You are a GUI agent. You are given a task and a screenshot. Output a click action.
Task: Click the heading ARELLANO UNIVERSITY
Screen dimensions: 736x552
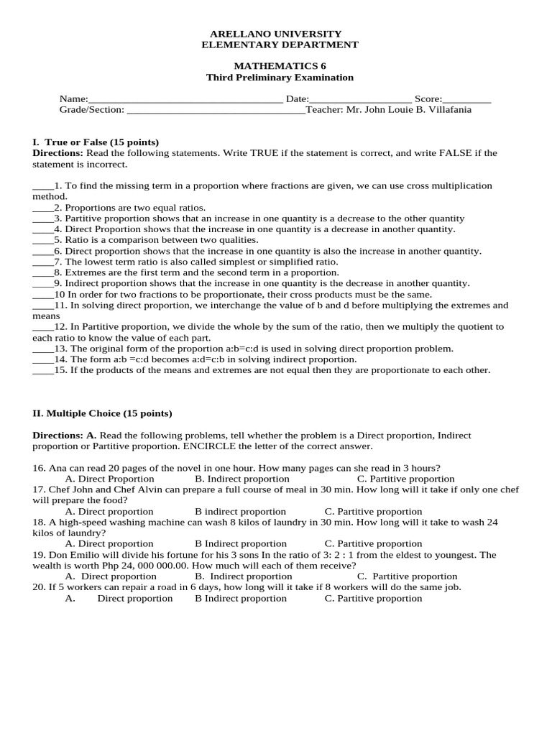[x=275, y=34]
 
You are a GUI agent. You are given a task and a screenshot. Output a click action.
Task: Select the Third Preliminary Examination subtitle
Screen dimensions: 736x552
[x=280, y=78]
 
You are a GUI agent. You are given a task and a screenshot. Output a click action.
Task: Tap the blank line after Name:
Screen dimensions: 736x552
[x=185, y=100]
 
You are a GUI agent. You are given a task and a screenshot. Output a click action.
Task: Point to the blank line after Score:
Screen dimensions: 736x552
[x=467, y=100]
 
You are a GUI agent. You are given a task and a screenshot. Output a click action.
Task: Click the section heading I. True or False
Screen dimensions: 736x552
[x=96, y=142]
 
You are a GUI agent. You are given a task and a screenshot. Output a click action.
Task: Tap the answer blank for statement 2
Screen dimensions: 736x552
[x=42, y=208]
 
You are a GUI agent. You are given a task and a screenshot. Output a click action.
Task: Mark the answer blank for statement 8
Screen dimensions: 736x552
[x=42, y=273]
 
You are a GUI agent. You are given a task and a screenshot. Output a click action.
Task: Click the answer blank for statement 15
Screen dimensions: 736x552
[x=42, y=371]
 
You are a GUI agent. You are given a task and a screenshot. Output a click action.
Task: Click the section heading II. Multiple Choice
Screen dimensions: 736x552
[x=103, y=414]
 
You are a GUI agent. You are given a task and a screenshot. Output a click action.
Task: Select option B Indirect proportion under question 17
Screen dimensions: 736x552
[x=240, y=512]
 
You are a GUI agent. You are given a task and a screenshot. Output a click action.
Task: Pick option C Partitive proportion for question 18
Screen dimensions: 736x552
[x=373, y=544]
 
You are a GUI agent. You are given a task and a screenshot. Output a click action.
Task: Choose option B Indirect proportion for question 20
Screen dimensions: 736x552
[x=240, y=599]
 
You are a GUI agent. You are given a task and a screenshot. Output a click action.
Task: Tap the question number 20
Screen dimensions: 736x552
[x=39, y=587]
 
